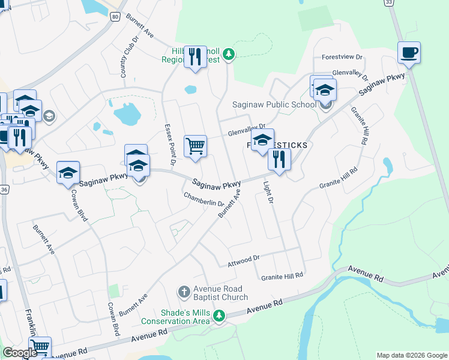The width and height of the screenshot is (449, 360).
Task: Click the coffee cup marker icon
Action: point(409,52)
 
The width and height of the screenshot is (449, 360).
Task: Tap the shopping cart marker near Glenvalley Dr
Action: point(195,146)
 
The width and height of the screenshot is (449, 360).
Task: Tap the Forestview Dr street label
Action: point(343,57)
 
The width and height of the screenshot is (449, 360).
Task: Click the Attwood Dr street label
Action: point(243,261)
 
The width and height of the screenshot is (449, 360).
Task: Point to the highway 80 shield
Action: point(115,17)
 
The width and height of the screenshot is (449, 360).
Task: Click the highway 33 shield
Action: point(390,3)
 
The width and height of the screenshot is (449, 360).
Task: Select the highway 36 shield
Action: point(4,189)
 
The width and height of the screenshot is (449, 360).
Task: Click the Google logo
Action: point(20,352)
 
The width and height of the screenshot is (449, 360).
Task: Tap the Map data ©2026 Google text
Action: point(411,355)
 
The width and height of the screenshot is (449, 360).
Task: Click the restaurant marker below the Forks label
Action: point(279,160)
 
